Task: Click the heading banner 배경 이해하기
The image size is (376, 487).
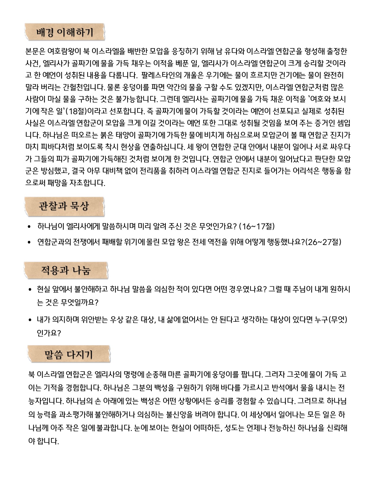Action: point(64,32)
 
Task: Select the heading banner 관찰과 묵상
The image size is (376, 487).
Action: point(64,206)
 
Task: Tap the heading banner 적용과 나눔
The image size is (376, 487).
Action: point(66,270)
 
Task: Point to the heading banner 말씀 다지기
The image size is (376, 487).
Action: point(69,354)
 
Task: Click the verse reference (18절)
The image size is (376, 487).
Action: point(77,111)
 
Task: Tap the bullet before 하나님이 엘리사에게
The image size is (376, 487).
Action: point(29,227)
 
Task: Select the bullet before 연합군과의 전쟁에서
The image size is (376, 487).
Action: point(29,242)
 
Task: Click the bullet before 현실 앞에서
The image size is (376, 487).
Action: point(30,290)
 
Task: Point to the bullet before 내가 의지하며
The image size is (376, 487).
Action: point(30,320)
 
